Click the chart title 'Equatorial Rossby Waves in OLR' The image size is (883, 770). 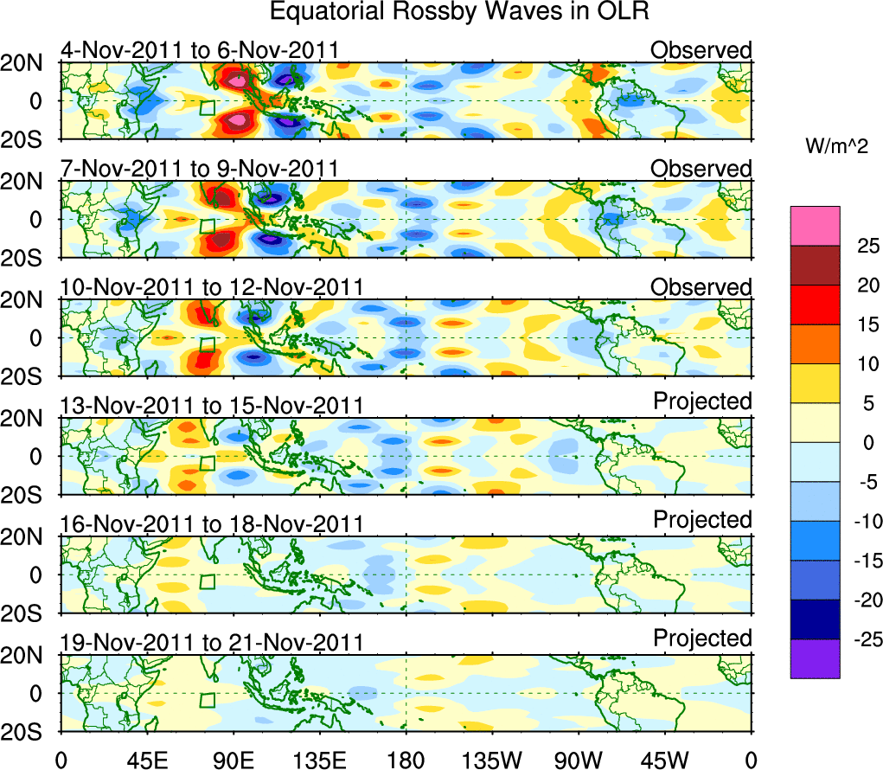(x=459, y=12)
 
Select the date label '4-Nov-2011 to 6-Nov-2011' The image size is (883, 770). (x=199, y=50)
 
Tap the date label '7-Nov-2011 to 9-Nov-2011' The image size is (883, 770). (x=199, y=169)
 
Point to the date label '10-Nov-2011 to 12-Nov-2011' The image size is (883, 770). (x=211, y=287)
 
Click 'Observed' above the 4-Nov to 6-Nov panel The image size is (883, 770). (x=701, y=50)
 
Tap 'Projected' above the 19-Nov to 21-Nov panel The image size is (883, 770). (x=702, y=638)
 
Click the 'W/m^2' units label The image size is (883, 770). (x=837, y=148)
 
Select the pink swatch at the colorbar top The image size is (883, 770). (x=815, y=226)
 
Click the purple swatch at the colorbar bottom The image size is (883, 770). (x=815, y=658)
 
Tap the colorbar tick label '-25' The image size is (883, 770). (x=856, y=639)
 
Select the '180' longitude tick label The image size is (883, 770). (x=406, y=760)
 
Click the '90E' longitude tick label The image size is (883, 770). (x=233, y=760)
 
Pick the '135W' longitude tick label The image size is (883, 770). (x=492, y=760)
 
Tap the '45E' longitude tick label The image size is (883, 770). (x=146, y=760)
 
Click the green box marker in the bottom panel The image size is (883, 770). (x=207, y=700)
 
